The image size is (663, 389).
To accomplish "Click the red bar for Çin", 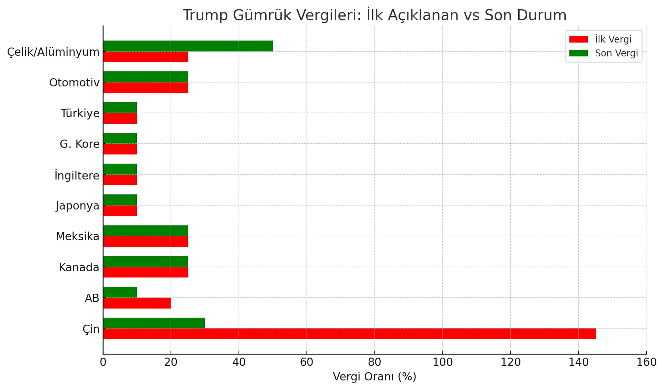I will tap(349, 334).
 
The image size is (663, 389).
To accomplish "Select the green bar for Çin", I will tap(154, 323).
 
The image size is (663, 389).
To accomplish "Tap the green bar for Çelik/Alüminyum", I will tap(188, 46).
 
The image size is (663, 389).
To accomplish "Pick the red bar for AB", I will tap(137, 303).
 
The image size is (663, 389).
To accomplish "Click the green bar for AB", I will tap(120, 292).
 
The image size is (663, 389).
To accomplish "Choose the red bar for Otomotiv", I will tap(145, 88).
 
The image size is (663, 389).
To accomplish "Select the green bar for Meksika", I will tap(145, 231).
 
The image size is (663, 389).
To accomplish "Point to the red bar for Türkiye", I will tap(120, 118).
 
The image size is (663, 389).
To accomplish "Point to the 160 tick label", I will tap(646, 362).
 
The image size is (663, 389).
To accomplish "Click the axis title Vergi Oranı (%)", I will tap(374, 377).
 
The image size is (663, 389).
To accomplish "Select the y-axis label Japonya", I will tap(78, 206).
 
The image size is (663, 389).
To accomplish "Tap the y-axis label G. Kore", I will tap(79, 144).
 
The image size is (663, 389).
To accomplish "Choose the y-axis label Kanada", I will tap(79, 267).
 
